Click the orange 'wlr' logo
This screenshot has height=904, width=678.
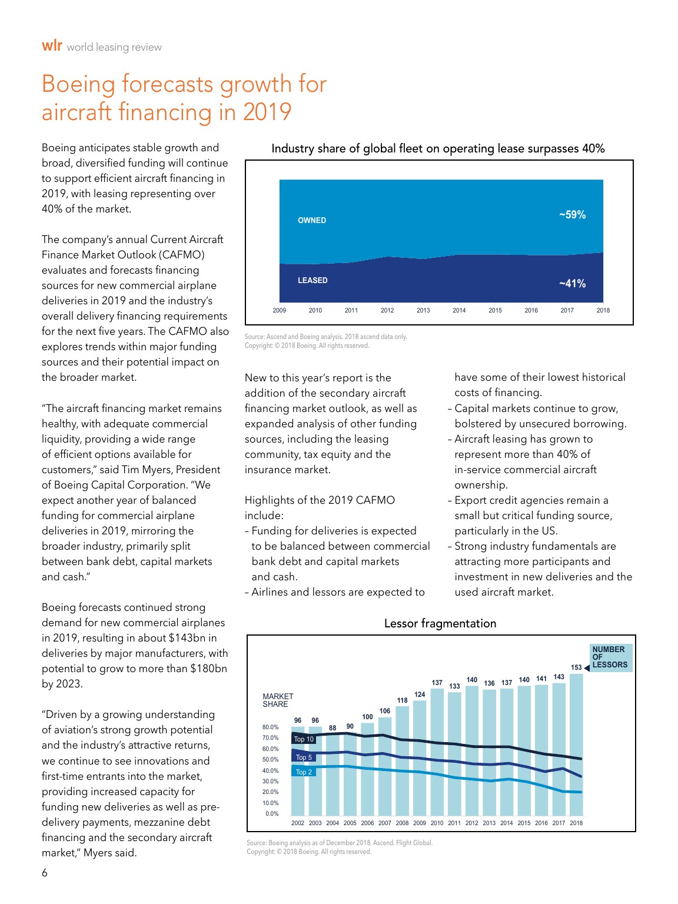click(52, 45)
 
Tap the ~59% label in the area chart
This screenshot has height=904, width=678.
click(572, 215)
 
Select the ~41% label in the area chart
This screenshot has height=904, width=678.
click(572, 283)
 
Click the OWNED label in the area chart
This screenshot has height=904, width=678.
click(312, 220)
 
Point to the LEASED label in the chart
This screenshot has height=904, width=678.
click(313, 280)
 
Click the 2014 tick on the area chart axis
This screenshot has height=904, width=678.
click(459, 310)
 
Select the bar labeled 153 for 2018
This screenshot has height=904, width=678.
click(576, 744)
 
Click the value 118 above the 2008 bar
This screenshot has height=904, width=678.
click(402, 700)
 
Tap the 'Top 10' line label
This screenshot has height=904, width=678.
click(304, 739)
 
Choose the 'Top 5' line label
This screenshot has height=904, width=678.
click(304, 757)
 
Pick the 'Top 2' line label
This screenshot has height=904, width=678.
click(304, 772)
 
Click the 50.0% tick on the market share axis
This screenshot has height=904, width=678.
click(271, 759)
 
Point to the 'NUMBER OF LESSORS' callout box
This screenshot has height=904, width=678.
click(610, 658)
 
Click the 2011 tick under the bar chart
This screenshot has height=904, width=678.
click(454, 823)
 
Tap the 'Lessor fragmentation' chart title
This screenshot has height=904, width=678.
click(440, 623)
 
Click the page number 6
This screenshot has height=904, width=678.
click(45, 873)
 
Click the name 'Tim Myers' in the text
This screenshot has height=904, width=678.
click(150, 470)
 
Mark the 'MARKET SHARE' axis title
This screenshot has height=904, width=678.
click(278, 700)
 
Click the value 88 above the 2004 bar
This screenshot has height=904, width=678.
click(333, 727)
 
